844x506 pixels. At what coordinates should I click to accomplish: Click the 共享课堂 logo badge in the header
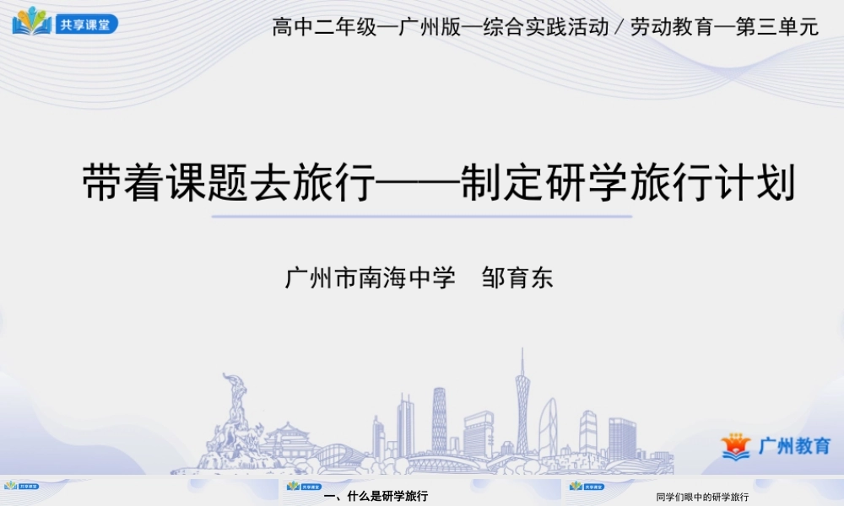65,22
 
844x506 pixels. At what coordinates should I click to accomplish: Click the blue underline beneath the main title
421,216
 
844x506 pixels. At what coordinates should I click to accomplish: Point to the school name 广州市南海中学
371,278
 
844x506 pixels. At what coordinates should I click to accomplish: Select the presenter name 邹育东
517,278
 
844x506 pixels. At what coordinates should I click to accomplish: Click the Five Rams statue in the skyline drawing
227,417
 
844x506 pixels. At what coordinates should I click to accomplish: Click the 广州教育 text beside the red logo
794,446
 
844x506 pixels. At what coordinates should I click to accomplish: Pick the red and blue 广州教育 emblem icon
736,446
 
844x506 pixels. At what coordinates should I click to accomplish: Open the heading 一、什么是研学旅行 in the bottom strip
376,496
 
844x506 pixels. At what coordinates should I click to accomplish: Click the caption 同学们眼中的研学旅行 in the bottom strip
702,497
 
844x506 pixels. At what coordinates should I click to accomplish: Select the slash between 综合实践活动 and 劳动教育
619,28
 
